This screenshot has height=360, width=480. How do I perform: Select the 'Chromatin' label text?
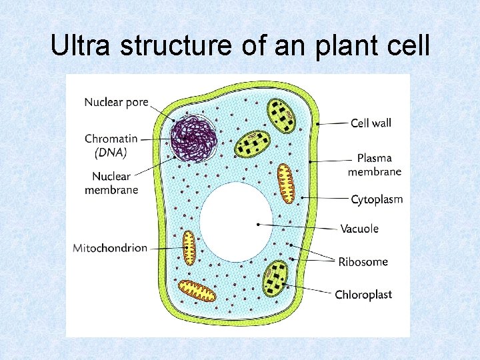pos(111,139)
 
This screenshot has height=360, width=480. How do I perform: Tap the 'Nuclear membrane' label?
pos(111,183)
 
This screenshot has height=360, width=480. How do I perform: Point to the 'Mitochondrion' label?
pos(110,248)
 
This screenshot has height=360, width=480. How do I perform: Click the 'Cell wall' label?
pos(371,123)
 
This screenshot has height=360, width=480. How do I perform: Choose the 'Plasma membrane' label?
pos(374,165)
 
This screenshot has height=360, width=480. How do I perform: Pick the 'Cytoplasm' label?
pos(377,199)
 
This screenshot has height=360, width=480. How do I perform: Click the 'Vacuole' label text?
pos(359,229)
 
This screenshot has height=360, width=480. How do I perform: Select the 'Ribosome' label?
pos(363,261)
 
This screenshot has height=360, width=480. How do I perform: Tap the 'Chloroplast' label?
pos(363,295)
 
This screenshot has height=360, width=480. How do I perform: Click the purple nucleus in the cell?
pos(193,137)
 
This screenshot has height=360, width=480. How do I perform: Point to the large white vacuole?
pos(237,222)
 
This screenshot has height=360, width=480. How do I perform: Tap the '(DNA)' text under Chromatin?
pos(111,152)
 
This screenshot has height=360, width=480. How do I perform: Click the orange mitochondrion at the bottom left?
pos(197,291)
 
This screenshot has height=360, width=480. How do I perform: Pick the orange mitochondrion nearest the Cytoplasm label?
pos(286,183)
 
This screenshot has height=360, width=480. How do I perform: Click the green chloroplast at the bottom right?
pos(275,279)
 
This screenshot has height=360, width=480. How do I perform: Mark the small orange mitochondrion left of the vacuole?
pos(189,247)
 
